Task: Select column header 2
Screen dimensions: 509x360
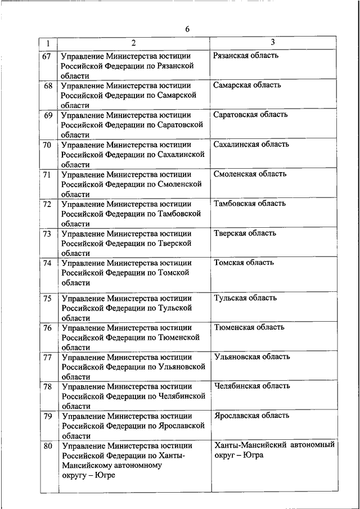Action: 133,43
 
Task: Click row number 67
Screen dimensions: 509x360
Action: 47,56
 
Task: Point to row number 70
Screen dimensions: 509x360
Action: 47,145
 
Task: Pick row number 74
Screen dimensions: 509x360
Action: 47,263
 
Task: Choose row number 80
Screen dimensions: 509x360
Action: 47,447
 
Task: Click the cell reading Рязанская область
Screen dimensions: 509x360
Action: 246,56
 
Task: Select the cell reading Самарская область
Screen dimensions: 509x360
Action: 247,85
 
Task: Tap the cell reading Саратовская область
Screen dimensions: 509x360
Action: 250,115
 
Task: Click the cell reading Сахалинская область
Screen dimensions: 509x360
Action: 251,145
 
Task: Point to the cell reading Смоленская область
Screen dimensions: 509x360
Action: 250,174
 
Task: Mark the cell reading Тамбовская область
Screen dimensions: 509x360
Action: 250,204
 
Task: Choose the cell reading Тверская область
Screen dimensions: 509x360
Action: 244,233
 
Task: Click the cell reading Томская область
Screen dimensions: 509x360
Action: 244,263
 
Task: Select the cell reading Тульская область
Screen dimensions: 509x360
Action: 245,298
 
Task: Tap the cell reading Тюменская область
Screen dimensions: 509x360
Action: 249,327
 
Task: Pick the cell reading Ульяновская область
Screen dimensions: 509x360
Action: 252,357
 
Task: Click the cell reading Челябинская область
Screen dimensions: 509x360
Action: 252,386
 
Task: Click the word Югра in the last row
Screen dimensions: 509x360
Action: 254,455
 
